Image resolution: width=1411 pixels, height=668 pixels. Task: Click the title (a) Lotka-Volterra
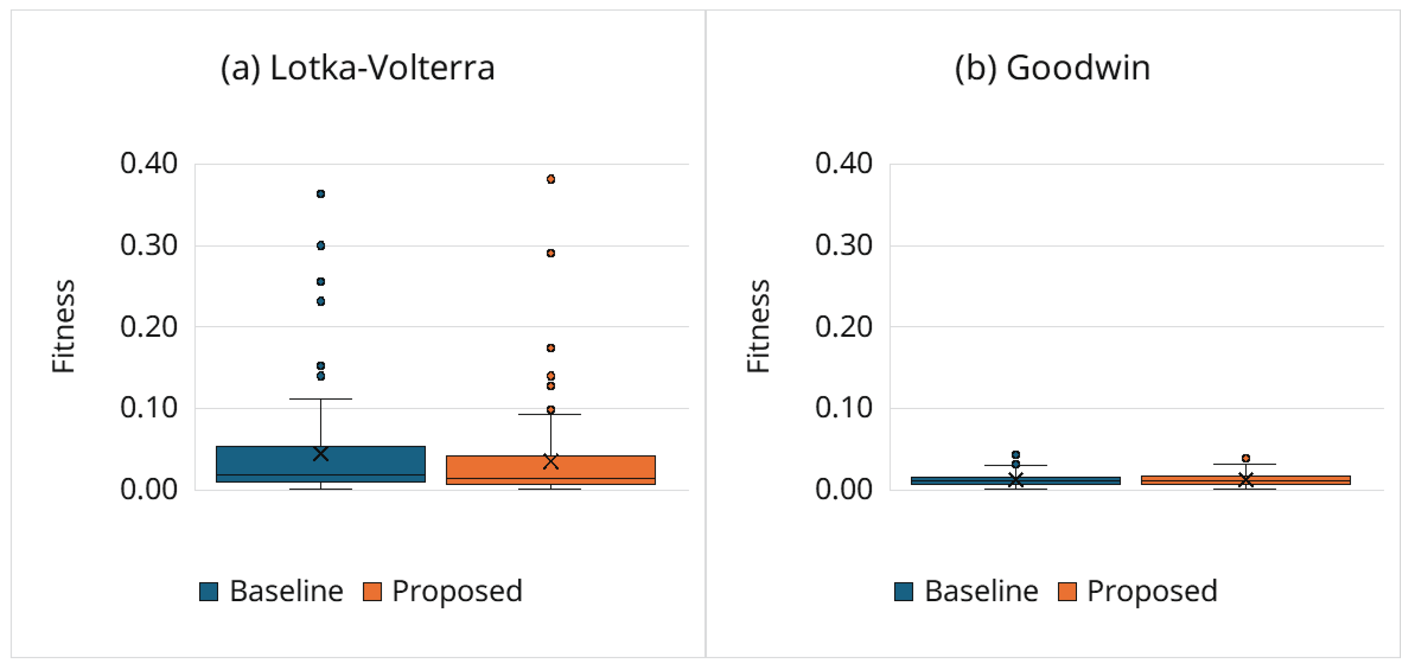357,68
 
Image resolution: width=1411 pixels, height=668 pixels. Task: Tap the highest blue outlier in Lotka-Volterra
321,194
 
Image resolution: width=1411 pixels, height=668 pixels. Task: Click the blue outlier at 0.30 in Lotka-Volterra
321,245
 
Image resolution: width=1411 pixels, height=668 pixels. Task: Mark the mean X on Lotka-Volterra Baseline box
321,454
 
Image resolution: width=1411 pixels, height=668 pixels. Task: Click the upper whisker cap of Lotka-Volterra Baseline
321,399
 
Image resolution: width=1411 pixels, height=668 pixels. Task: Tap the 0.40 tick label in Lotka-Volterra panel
148,163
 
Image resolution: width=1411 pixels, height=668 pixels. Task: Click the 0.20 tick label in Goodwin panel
844,327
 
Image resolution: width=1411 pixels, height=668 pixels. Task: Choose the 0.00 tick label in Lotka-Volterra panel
148,489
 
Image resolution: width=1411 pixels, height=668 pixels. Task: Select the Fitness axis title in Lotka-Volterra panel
63,327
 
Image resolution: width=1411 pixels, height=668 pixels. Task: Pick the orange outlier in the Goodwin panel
1246,458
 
